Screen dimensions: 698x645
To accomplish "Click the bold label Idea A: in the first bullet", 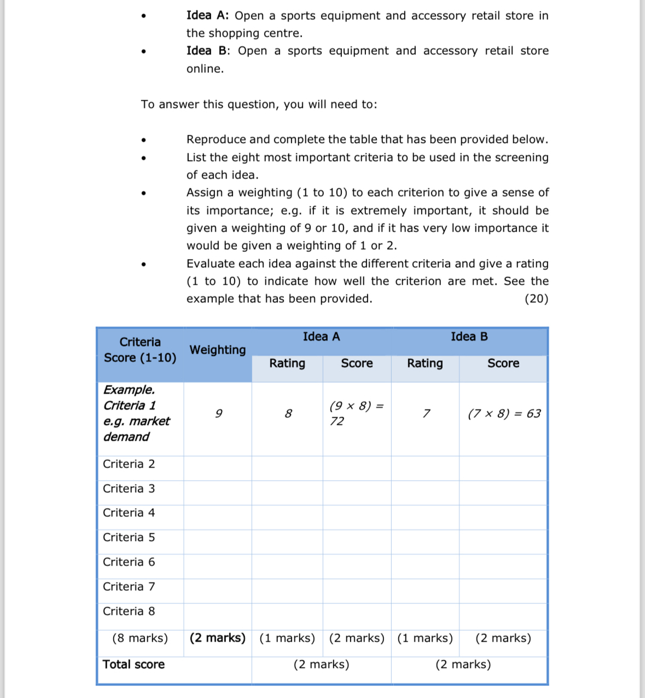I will [207, 16].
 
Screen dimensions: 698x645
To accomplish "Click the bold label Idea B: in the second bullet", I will [208, 51].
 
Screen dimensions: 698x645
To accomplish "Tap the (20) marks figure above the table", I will [536, 299].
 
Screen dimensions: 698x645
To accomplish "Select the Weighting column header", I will [217, 350].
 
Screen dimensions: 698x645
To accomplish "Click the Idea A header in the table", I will [321, 337].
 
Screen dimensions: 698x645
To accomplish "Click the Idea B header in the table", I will [469, 337].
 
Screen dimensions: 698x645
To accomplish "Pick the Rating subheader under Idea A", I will [287, 364].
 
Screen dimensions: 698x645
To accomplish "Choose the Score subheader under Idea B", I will [503, 364].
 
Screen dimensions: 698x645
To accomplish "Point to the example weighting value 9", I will [218, 414].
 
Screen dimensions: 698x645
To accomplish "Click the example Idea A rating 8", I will [288, 414].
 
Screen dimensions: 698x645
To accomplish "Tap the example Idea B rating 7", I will [426, 414].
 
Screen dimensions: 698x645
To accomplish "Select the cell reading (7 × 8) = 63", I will [504, 414].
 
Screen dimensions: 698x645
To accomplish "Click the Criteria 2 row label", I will [129, 464].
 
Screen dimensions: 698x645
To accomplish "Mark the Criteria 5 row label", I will [129, 538].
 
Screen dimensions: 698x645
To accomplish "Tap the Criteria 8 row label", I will [129, 612].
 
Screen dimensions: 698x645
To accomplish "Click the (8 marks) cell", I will [140, 638].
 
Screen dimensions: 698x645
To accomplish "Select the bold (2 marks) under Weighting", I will [217, 638].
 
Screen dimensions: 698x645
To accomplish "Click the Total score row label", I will [133, 665].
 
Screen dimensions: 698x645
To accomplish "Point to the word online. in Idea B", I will [205, 69].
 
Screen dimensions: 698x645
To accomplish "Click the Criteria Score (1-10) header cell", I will [140, 350].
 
